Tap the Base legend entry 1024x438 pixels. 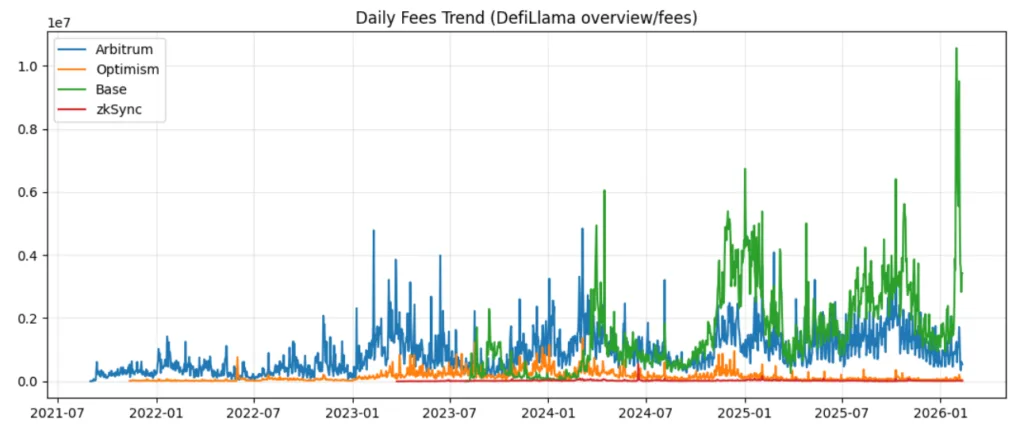[x=111, y=89]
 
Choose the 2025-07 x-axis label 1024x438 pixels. [x=843, y=411]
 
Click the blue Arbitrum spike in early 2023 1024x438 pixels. [x=374, y=232]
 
